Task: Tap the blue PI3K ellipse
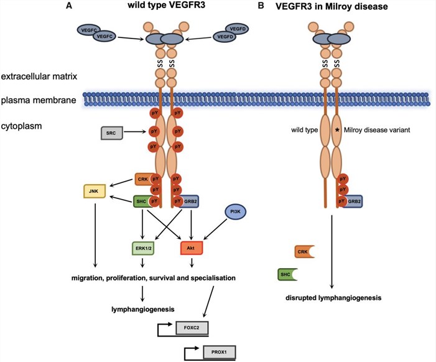[x=236, y=212]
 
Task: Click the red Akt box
[x=190, y=248]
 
